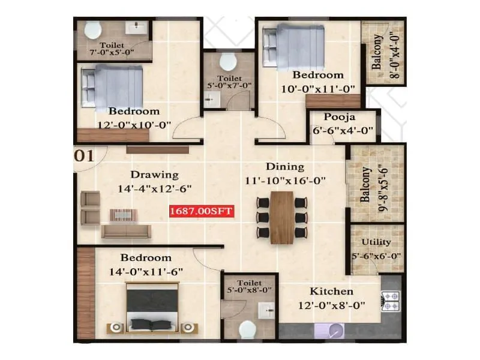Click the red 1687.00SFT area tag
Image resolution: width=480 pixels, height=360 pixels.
201,211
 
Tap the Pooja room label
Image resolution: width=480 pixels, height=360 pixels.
341,118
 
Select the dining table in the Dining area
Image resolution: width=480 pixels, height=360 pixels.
282,217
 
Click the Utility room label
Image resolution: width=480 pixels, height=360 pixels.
376,242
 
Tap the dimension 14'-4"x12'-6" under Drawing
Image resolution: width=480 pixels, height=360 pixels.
156,188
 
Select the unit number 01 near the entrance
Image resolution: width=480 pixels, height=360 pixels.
84,157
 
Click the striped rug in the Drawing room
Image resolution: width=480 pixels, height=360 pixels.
124,214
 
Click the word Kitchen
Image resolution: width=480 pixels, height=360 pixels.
331,292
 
